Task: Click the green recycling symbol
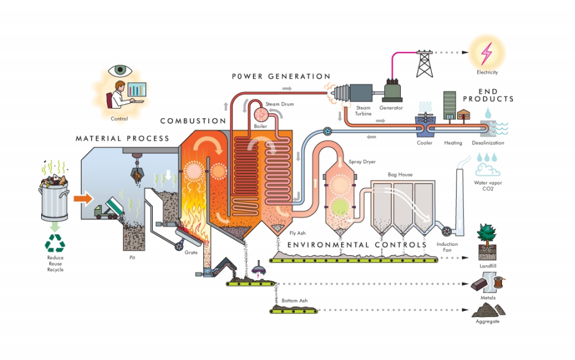[55, 244]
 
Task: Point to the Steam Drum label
[279, 104]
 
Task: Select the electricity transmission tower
[425, 63]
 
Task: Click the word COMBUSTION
[193, 121]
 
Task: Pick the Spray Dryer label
[362, 161]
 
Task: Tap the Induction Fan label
[447, 247]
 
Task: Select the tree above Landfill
[488, 234]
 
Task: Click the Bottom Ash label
[295, 302]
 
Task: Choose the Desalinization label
[488, 143]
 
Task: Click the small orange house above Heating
[464, 115]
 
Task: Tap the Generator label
[391, 108]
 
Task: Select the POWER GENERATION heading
[281, 77]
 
